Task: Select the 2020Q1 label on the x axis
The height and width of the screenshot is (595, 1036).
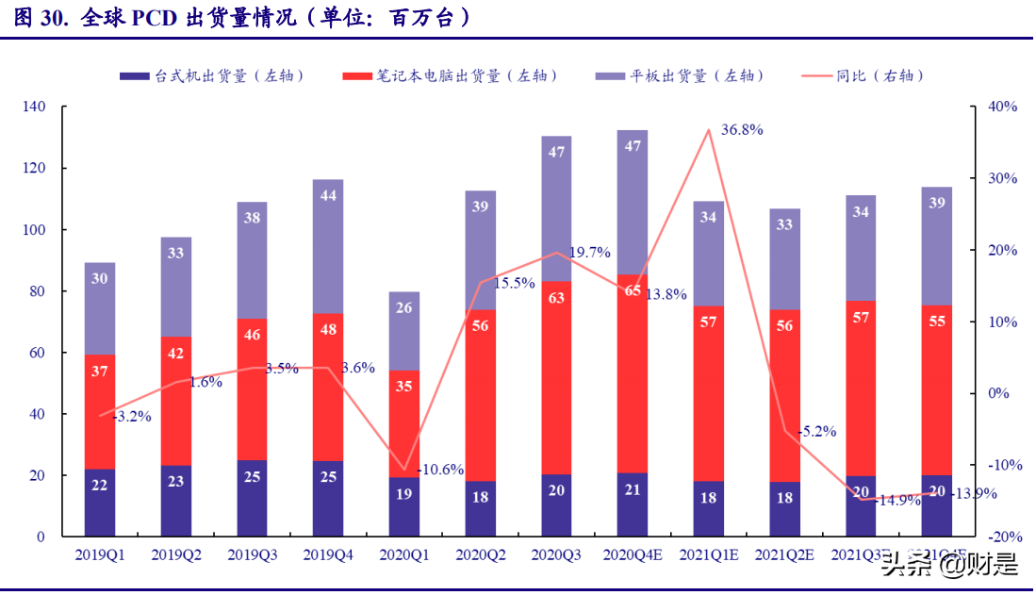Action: click(x=404, y=556)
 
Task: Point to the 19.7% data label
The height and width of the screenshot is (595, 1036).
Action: click(x=590, y=253)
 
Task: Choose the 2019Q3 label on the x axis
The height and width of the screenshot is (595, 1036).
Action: click(x=252, y=556)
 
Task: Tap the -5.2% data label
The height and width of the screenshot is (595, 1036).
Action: click(x=816, y=431)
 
